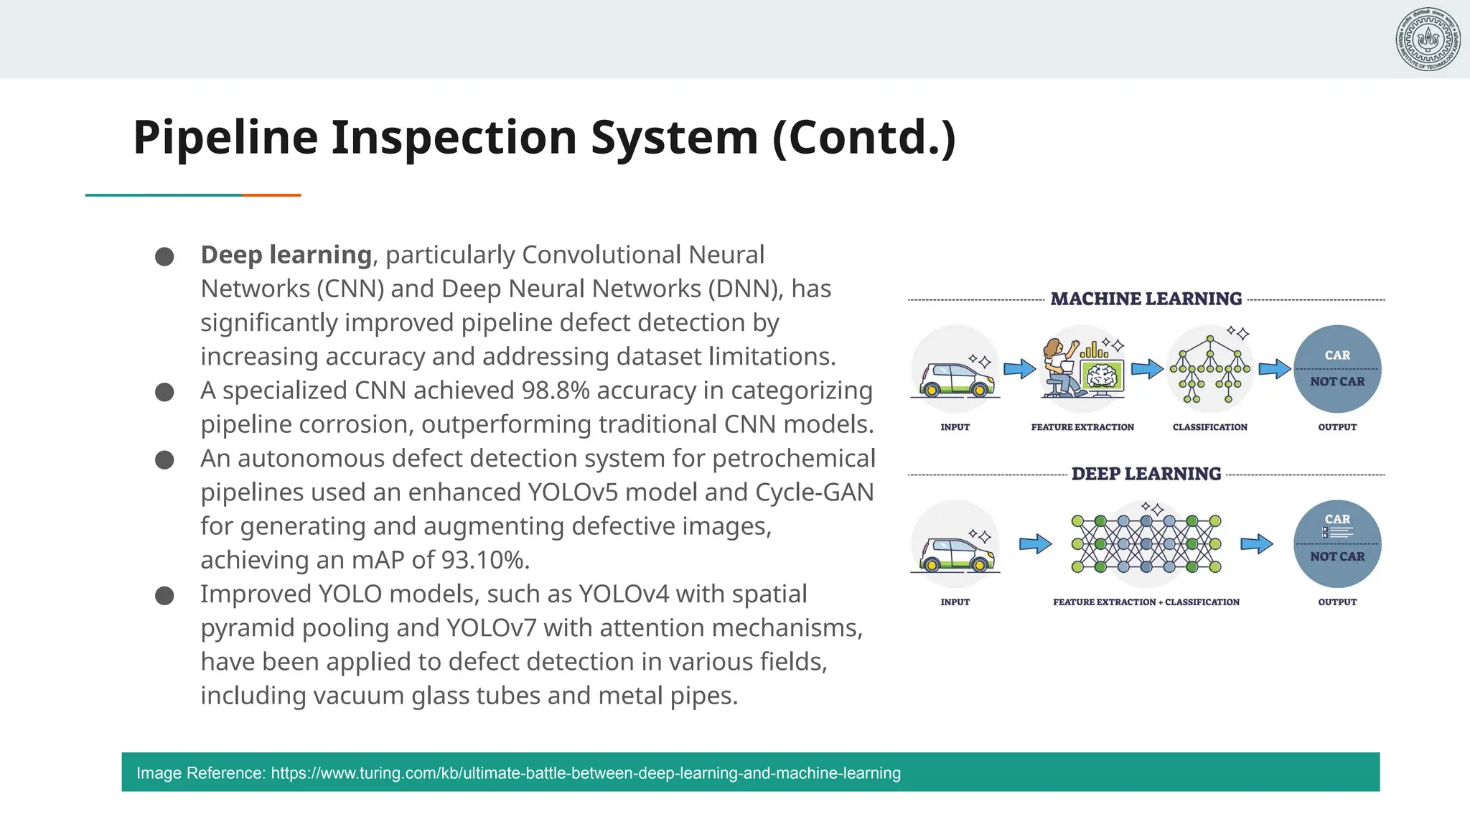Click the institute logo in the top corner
(x=1428, y=39)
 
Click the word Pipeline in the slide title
(x=225, y=137)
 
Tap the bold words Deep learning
(x=286, y=255)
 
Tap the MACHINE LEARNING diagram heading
(x=1146, y=299)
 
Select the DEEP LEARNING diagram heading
(x=1146, y=474)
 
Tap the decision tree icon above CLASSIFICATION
(x=1210, y=368)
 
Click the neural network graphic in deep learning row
(x=1146, y=543)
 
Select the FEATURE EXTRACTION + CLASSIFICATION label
(x=1146, y=602)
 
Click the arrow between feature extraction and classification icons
(x=1147, y=369)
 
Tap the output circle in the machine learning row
(x=1337, y=369)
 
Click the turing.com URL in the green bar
(x=586, y=773)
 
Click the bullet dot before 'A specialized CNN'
(x=164, y=392)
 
